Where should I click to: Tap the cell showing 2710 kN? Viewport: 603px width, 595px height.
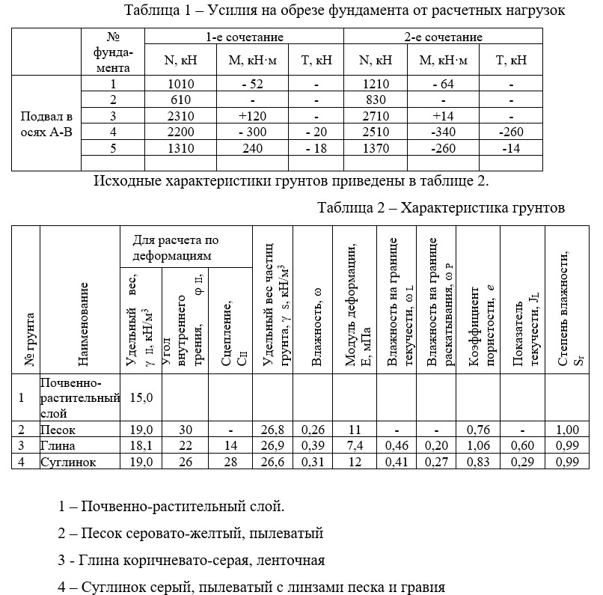[x=376, y=116]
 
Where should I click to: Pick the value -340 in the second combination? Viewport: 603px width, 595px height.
[x=448, y=132]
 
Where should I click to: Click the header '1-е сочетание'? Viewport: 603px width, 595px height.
[x=245, y=37]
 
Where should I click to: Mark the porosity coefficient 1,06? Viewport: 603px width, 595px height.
[x=479, y=446]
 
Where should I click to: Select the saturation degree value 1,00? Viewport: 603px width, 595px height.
[x=568, y=430]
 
